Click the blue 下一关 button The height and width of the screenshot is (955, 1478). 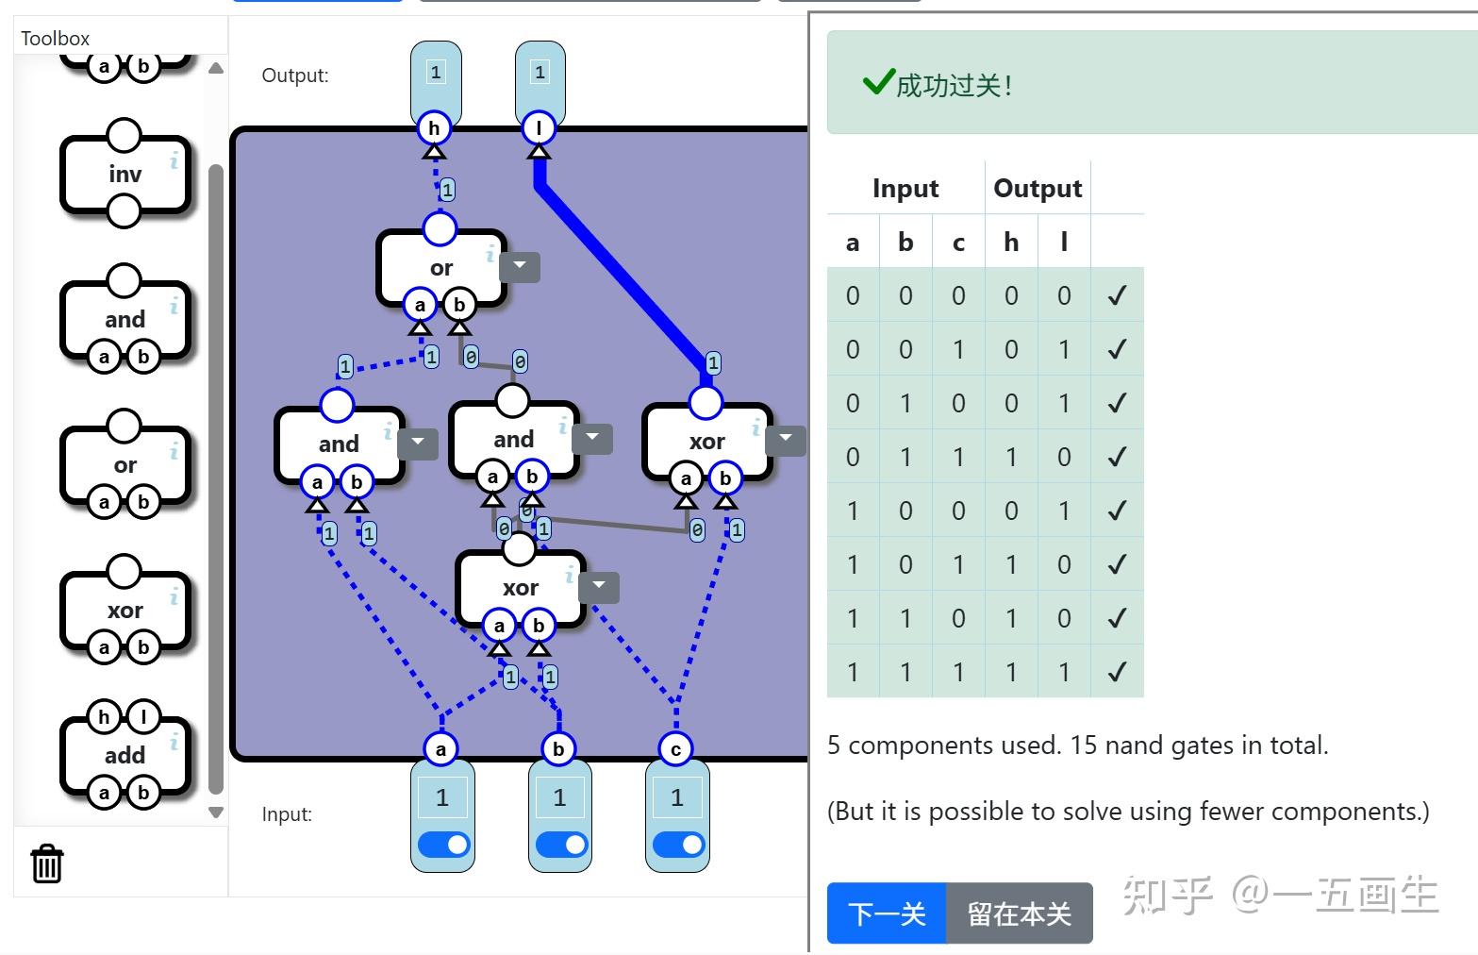886,913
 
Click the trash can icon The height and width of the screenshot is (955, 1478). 46,863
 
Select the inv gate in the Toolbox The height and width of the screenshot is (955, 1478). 125,175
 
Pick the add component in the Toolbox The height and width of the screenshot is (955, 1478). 125,755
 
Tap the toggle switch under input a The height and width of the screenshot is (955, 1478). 442,844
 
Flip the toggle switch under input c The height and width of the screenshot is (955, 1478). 677,844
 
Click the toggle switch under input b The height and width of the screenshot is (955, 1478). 560,844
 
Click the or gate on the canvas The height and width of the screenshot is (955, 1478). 440,268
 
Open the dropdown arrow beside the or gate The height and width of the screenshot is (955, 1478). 519,267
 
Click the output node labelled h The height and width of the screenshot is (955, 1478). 434,128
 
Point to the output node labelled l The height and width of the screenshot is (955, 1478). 539,128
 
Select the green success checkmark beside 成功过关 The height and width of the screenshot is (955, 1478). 877,83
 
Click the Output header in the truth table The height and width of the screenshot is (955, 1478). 1038,189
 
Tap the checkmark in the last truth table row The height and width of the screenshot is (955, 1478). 1117,672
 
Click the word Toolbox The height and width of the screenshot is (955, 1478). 56,39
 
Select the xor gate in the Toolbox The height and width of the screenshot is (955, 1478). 125,611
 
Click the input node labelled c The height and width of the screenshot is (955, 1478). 675,749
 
